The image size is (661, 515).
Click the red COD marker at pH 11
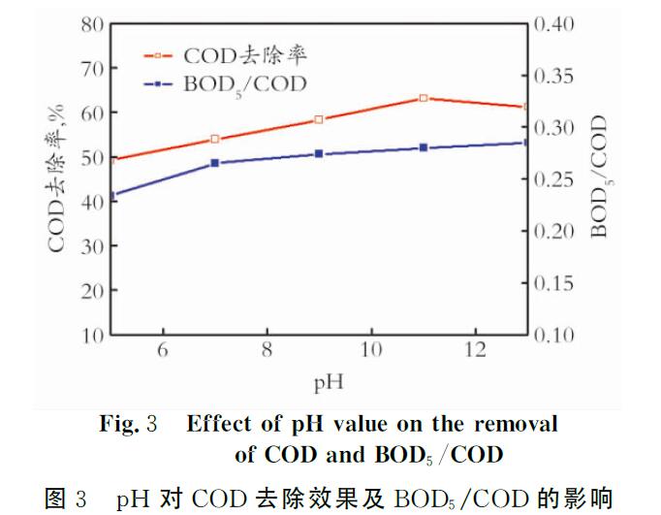tap(424, 98)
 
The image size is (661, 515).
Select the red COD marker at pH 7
tap(215, 139)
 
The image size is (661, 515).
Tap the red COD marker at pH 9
tap(319, 119)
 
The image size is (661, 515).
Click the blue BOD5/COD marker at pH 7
tap(215, 163)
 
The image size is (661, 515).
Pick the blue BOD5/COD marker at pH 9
tap(319, 154)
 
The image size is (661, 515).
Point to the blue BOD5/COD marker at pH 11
tap(424, 147)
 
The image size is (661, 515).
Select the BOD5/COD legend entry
tap(244, 83)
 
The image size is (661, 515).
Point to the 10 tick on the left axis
tap(92, 336)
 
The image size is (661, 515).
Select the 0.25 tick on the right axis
tap(554, 179)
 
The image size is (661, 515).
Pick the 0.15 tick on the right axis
tap(554, 283)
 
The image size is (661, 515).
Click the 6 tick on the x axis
tap(163, 351)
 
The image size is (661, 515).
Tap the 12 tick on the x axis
tap(475, 351)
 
